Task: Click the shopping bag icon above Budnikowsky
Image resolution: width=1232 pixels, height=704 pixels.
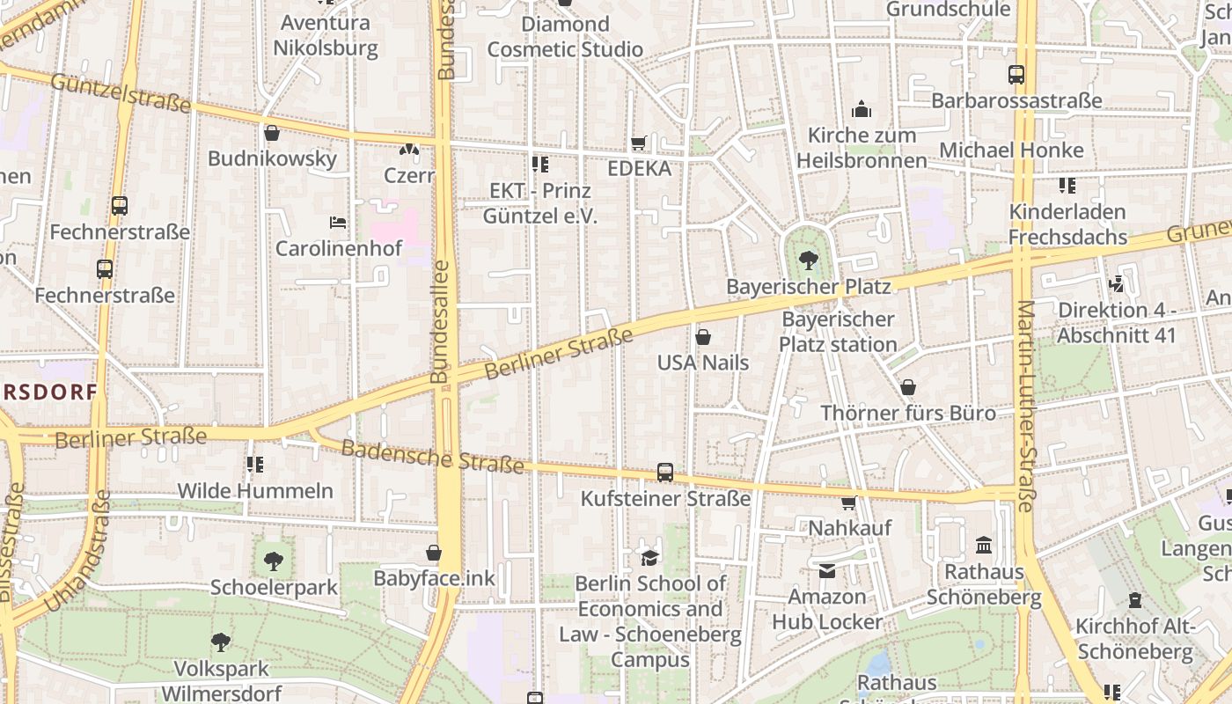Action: (272, 133)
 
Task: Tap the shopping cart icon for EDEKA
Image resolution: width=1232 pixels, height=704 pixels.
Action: (639, 143)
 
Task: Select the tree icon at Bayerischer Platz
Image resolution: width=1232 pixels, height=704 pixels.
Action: (808, 260)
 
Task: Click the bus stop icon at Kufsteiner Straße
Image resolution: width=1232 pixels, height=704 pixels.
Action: (665, 473)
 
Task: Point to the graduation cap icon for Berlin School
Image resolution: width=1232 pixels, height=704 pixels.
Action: (649, 557)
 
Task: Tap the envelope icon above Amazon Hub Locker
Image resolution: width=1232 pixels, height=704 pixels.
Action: (827, 571)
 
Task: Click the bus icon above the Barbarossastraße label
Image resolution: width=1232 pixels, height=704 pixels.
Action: (1016, 75)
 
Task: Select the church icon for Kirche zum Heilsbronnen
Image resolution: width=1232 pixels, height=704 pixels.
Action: (862, 109)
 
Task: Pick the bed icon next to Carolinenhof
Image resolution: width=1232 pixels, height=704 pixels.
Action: (338, 222)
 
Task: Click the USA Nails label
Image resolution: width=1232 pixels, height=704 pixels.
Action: (703, 363)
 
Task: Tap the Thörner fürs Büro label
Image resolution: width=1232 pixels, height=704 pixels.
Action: (908, 413)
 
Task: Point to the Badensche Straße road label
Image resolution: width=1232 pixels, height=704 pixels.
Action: (432, 456)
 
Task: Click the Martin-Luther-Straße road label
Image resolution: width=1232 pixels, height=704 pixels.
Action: (1026, 407)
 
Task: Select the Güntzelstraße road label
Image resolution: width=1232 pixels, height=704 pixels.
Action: (121, 92)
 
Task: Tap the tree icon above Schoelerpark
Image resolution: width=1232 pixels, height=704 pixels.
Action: (274, 561)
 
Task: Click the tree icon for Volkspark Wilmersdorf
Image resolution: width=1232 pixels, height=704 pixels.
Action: (221, 642)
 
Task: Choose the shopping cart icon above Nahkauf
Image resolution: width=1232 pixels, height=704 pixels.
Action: (849, 502)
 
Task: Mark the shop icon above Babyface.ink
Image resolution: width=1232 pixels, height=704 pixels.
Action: (434, 553)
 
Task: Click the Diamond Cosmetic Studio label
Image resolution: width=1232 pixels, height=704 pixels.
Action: (565, 37)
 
